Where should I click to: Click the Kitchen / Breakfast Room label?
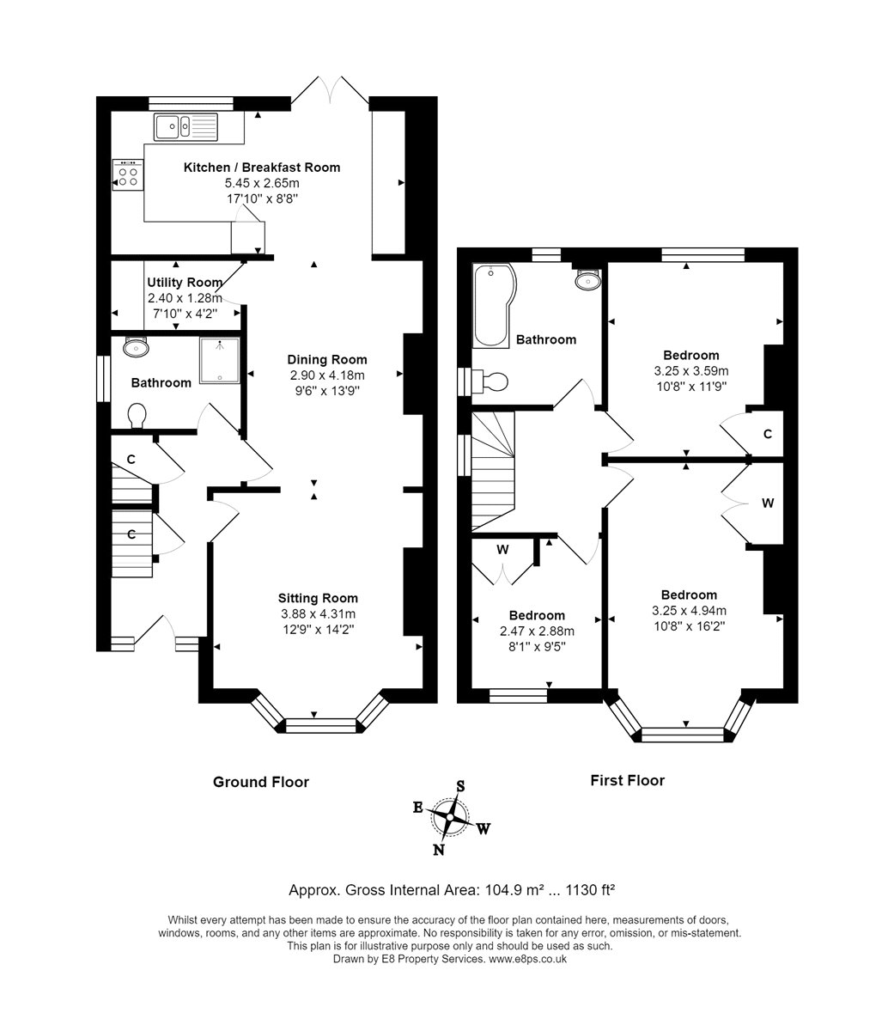coord(261,168)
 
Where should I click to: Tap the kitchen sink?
coord(185,126)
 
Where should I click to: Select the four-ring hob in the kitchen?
coord(128,175)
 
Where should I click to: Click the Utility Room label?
coord(185,282)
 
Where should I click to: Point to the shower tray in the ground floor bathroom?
coord(220,360)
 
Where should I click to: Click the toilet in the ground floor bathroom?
coord(137,416)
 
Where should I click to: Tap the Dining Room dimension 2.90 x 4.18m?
coord(327,375)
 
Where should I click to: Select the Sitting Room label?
coord(318,598)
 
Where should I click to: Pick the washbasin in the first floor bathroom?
coord(587,280)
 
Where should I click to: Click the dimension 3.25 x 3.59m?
coord(691,371)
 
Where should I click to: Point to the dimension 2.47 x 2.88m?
coord(537,631)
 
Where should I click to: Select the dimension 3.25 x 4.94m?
coord(689,611)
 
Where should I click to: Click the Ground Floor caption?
coord(261,782)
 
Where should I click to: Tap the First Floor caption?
coord(628,781)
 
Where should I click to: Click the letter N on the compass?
coord(439,851)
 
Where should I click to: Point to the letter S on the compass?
coord(460,786)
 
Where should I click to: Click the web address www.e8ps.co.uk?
coord(528,959)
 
